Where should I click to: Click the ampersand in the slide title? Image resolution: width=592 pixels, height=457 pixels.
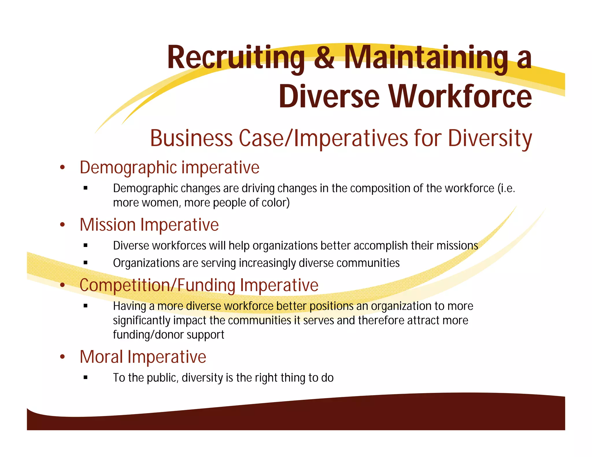pyautogui.click(x=324, y=58)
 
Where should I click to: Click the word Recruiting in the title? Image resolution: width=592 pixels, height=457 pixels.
pyautogui.click(x=236, y=58)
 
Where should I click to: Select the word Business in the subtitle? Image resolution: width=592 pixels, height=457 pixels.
pyautogui.click(x=191, y=138)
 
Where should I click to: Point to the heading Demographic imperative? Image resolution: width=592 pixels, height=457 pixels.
pyautogui.click(x=169, y=168)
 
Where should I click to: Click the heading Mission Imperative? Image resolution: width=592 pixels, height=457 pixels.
pyautogui.click(x=149, y=225)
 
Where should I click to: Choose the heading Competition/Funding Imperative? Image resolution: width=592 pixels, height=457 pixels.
pyautogui.click(x=199, y=285)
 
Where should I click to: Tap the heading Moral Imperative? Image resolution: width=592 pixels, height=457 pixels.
pyautogui.click(x=143, y=357)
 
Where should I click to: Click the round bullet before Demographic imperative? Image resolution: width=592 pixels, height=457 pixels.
pyautogui.click(x=62, y=168)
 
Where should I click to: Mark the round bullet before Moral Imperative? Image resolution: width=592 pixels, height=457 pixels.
pyautogui.click(x=62, y=357)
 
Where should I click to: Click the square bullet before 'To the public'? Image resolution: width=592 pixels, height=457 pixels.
pyautogui.click(x=85, y=377)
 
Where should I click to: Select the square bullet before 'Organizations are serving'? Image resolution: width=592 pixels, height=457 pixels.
pyautogui.click(x=85, y=263)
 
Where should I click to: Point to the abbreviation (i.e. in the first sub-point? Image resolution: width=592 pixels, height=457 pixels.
pyautogui.click(x=506, y=188)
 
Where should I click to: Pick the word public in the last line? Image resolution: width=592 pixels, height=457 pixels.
pyautogui.click(x=162, y=378)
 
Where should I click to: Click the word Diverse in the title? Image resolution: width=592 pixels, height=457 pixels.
pyautogui.click(x=329, y=96)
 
